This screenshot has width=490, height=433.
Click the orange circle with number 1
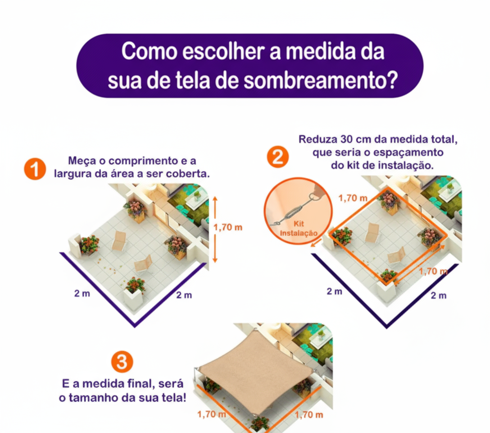35,169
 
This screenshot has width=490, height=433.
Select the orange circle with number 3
122,362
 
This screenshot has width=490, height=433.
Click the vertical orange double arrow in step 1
215,229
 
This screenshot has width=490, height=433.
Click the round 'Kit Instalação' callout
298,213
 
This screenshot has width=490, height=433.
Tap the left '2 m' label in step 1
82,294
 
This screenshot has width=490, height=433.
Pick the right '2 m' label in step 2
439,295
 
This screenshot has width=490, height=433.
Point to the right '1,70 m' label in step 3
309,415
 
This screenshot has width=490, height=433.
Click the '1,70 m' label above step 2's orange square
352,198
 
